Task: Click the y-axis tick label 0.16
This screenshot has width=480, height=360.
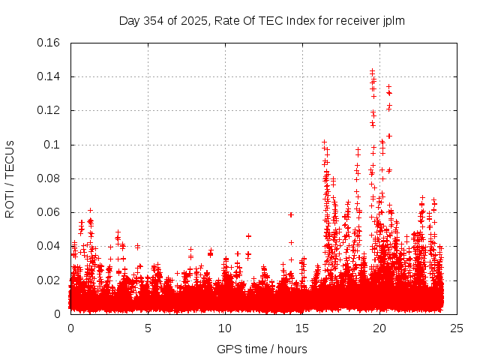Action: click(x=50, y=43)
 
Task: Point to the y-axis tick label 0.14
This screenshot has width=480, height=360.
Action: click(x=50, y=76)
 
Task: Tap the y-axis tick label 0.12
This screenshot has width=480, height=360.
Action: click(x=50, y=110)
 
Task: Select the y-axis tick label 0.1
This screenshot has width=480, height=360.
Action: click(x=55, y=144)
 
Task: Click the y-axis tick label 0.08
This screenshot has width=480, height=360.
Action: click(x=50, y=178)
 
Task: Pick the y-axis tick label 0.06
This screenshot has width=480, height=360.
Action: click(x=50, y=212)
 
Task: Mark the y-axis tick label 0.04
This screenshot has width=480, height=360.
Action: click(x=50, y=246)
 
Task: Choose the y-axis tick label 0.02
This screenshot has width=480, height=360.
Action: click(x=50, y=280)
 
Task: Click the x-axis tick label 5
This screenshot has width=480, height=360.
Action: click(x=148, y=328)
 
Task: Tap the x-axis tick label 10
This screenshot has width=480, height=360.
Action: click(x=225, y=328)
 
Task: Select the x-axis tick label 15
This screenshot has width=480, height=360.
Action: click(x=302, y=328)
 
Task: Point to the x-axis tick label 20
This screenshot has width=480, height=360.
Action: click(x=379, y=328)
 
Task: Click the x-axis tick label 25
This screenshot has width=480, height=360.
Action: click(x=457, y=328)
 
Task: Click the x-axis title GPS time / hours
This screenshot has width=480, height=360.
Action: click(x=262, y=349)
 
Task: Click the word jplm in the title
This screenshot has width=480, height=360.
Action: click(x=394, y=20)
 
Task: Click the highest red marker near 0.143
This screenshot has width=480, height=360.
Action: click(x=372, y=70)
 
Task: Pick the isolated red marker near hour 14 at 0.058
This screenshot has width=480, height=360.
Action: click(x=291, y=214)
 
